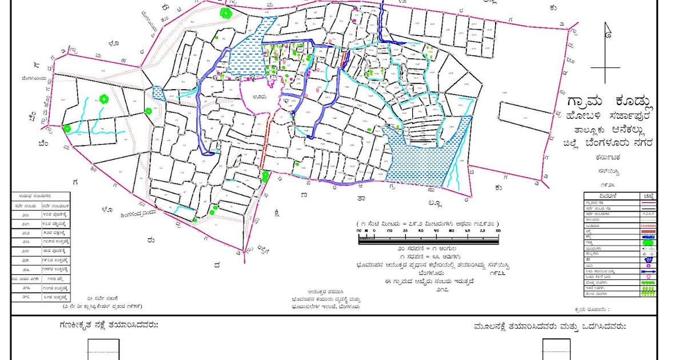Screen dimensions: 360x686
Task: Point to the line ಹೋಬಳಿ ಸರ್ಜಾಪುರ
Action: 608,117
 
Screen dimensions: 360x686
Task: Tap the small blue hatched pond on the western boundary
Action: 159,94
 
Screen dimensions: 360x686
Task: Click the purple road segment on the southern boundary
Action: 346,181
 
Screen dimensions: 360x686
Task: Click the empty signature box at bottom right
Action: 556,349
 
